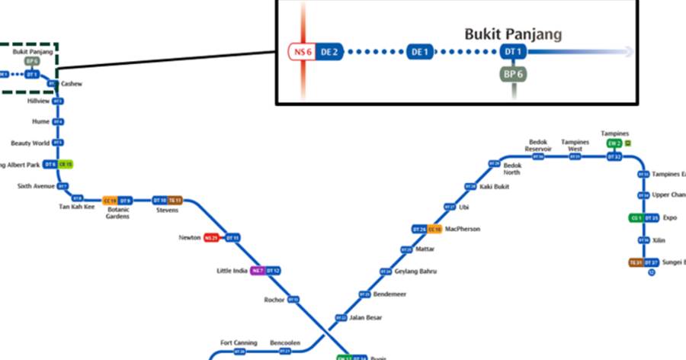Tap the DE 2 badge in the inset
click(329, 52)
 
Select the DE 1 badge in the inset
click(420, 52)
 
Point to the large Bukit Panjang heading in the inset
click(513, 34)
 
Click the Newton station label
click(190, 238)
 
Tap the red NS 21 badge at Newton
click(211, 238)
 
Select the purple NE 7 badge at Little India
click(258, 271)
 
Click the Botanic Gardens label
click(118, 212)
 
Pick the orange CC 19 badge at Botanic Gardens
click(110, 201)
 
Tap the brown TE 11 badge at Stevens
click(175, 201)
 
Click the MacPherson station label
click(463, 229)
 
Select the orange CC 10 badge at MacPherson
click(434, 230)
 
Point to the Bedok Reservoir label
click(537, 145)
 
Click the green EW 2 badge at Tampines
click(614, 143)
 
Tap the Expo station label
click(670, 217)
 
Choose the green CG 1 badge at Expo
click(635, 218)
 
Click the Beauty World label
click(30, 143)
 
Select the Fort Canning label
click(239, 343)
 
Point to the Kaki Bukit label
click(495, 187)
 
